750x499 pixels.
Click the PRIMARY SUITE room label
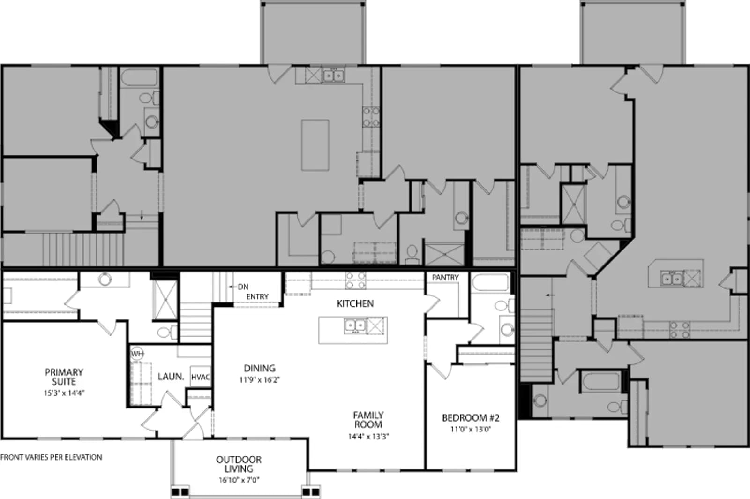(64, 377)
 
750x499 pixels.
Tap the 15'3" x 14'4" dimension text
(64, 393)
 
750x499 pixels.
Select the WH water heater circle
(137, 354)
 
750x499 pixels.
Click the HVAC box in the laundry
(201, 377)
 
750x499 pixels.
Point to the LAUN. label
(171, 377)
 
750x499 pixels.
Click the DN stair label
(243, 287)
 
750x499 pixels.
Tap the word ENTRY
(257, 297)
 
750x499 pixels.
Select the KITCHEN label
(355, 304)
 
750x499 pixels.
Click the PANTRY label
(445, 277)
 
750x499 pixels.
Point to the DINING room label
(260, 369)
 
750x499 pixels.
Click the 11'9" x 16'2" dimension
(260, 380)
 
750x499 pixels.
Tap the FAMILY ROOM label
(368, 420)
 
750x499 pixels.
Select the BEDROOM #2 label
(471, 418)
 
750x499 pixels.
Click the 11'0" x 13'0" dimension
(471, 429)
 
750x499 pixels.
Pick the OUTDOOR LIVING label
(239, 464)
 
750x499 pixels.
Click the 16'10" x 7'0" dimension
(239, 480)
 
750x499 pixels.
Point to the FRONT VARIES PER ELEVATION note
(51, 457)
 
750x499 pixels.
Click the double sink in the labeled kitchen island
(355, 325)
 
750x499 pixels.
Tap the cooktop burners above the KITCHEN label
(356, 280)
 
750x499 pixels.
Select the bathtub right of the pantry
(491, 282)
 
